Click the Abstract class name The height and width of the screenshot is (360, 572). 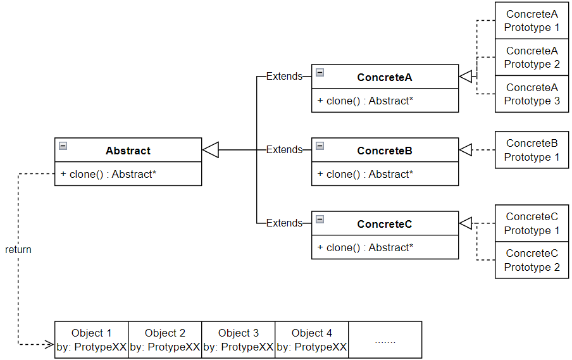[x=128, y=151]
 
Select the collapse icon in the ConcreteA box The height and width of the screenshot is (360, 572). [x=320, y=73]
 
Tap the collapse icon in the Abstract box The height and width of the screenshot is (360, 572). [x=63, y=146]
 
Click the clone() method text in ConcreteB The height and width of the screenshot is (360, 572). [x=365, y=174]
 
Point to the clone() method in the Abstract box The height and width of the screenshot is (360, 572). [x=108, y=174]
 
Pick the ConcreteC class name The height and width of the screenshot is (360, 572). [x=384, y=224]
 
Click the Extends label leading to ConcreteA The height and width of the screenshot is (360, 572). [x=284, y=77]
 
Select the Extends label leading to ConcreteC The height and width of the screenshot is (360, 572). [x=284, y=223]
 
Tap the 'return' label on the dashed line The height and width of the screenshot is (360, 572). [x=18, y=249]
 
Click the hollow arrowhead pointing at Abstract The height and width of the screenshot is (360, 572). [x=210, y=150]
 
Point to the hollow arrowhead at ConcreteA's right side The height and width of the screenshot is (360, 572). [x=466, y=77]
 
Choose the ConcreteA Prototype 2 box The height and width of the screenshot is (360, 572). [x=532, y=58]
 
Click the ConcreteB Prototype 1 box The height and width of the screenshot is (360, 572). [x=532, y=150]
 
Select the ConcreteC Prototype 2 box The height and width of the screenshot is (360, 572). [x=532, y=260]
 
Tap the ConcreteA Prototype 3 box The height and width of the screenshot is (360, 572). [x=532, y=94]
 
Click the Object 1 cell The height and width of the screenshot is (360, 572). [x=91, y=340]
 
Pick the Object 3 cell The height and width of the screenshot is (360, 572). [x=238, y=340]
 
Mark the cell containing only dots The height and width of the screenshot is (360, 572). [x=385, y=340]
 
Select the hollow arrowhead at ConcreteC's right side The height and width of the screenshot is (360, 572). [x=466, y=223]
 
